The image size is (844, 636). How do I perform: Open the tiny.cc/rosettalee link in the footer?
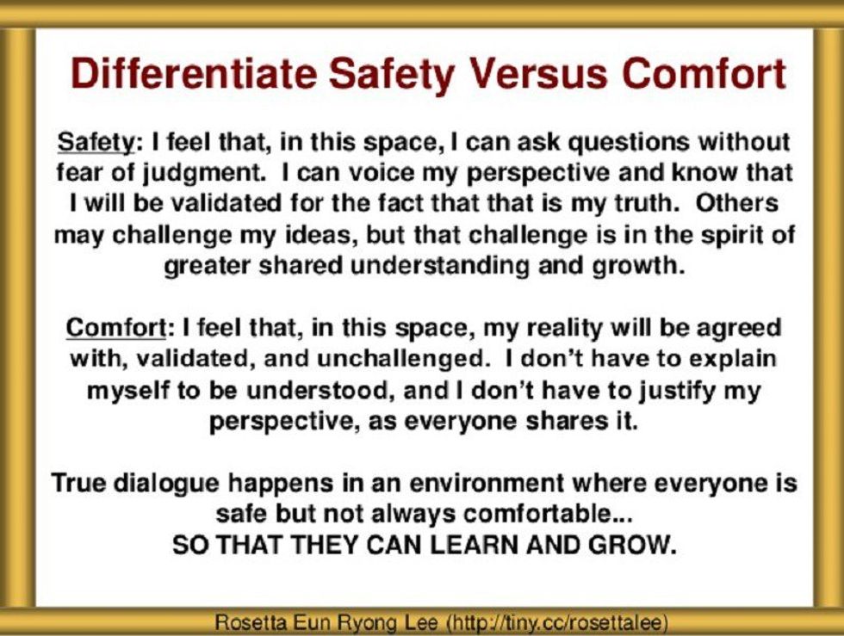pos(542,621)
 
